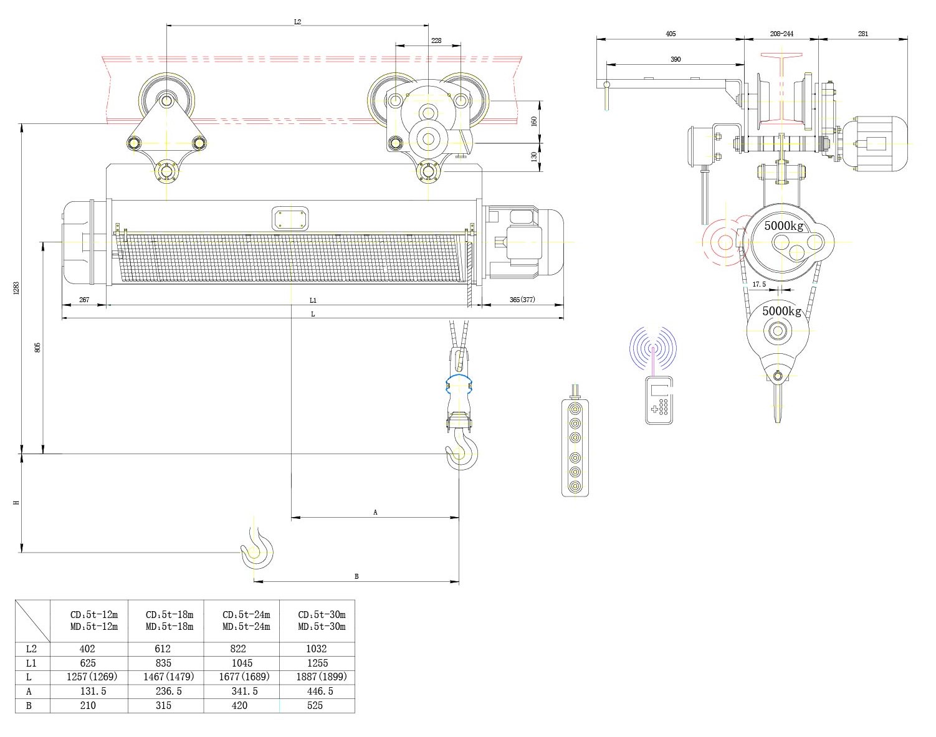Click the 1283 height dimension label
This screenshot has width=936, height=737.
tap(17, 288)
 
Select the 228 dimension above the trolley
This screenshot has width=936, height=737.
tap(436, 40)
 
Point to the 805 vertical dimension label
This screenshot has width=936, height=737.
tap(37, 347)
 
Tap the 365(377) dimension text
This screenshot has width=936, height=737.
tap(522, 300)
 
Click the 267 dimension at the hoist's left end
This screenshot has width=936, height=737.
tap(84, 300)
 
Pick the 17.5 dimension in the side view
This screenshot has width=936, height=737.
tap(759, 284)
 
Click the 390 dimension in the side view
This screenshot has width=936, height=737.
tap(676, 59)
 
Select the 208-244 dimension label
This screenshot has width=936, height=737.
tap(781, 34)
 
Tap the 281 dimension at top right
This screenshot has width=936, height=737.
tap(862, 34)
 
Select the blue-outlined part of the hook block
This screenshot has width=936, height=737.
tap(458, 384)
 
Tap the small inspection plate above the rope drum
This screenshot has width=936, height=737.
tap(291, 219)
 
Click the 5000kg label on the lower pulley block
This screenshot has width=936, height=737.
tap(782, 310)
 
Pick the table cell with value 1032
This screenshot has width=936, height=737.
tap(317, 649)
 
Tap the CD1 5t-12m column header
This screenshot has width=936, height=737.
tap(94, 620)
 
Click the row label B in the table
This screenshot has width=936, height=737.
tap(29, 705)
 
